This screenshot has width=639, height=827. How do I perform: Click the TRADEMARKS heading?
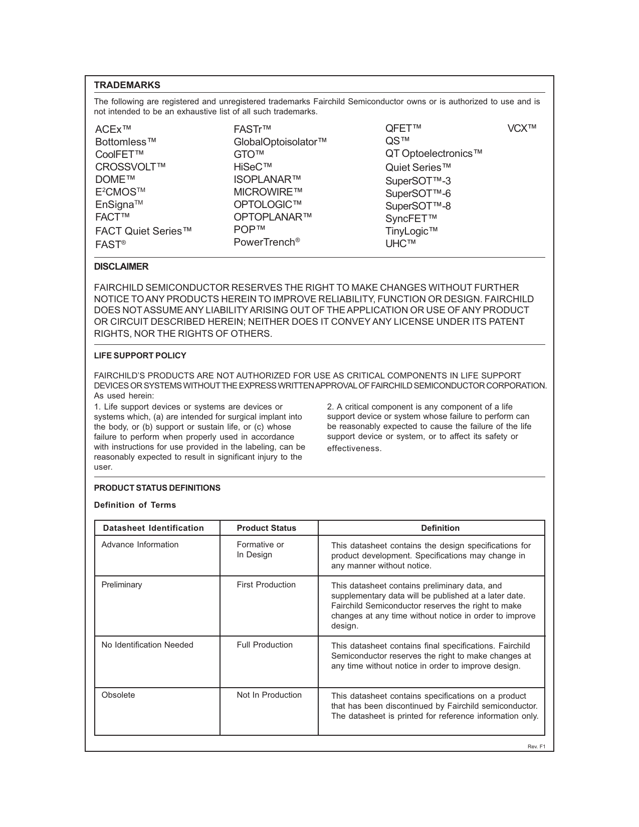[127, 85]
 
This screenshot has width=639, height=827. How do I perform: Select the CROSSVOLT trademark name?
[130, 167]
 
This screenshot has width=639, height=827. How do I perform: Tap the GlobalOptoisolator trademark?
[280, 142]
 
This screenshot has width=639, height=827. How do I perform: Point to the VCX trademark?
[522, 128]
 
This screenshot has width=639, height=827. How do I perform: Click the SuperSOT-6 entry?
[418, 193]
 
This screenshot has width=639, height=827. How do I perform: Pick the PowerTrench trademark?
[267, 243]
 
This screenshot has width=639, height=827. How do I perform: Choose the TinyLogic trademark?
[411, 231]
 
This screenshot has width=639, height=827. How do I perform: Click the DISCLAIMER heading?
[121, 267]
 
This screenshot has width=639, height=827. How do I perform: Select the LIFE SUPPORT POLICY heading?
[140, 356]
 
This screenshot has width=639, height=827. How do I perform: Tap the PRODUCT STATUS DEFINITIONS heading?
[157, 488]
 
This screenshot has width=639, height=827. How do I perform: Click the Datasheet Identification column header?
[153, 528]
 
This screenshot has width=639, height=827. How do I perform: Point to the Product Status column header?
[266, 528]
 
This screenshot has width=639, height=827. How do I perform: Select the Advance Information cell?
[140, 545]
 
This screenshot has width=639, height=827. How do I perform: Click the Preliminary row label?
[122, 585]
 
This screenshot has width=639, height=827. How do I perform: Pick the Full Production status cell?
[265, 645]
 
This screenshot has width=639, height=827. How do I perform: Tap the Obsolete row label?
[118, 695]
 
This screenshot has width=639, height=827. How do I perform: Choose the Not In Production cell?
[269, 695]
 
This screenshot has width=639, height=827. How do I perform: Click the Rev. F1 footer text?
[536, 747]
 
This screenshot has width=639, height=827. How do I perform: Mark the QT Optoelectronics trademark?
[434, 153]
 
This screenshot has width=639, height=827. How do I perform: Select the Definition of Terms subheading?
[135, 505]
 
